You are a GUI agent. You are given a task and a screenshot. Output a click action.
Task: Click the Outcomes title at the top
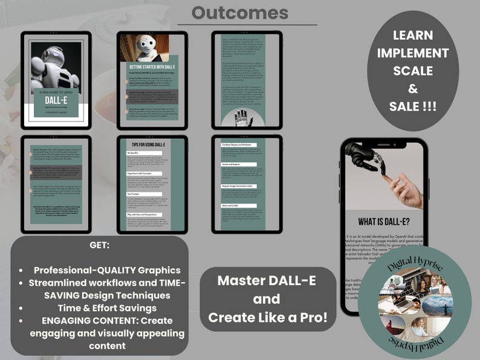tap(240, 12)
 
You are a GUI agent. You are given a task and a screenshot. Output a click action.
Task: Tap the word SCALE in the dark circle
tap(414, 71)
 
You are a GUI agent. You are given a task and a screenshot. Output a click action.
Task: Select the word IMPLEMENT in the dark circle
tap(414, 53)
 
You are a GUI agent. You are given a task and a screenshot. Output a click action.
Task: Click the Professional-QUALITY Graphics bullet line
tap(107, 270)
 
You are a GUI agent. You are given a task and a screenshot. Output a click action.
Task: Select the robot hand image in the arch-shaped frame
tap(244, 112)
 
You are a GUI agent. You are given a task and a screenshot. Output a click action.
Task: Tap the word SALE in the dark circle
tap(414, 107)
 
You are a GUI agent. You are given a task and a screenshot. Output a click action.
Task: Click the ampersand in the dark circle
tap(414, 89)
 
